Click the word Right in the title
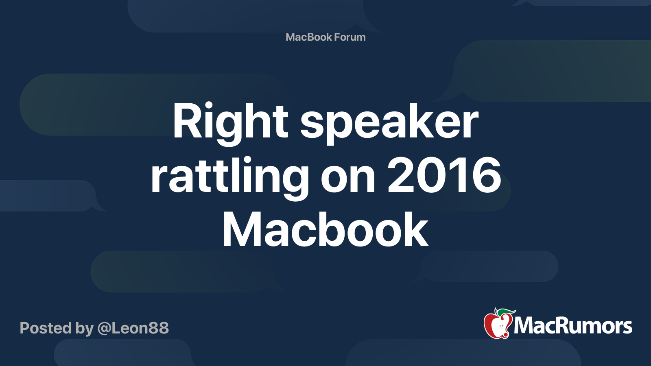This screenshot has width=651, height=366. click(x=230, y=122)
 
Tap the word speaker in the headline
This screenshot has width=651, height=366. click(x=389, y=122)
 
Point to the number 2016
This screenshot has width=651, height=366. click(x=444, y=176)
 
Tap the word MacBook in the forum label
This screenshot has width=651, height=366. click(x=309, y=37)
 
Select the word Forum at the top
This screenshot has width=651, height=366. click(x=350, y=37)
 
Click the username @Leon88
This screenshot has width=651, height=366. click(x=133, y=328)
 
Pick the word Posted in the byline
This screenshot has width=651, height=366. click(x=46, y=328)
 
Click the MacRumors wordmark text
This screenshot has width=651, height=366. click(x=573, y=326)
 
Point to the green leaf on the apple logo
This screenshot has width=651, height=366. click(x=506, y=312)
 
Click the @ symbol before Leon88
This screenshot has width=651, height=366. click(x=104, y=329)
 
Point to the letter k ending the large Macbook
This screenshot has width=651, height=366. click(x=416, y=230)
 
